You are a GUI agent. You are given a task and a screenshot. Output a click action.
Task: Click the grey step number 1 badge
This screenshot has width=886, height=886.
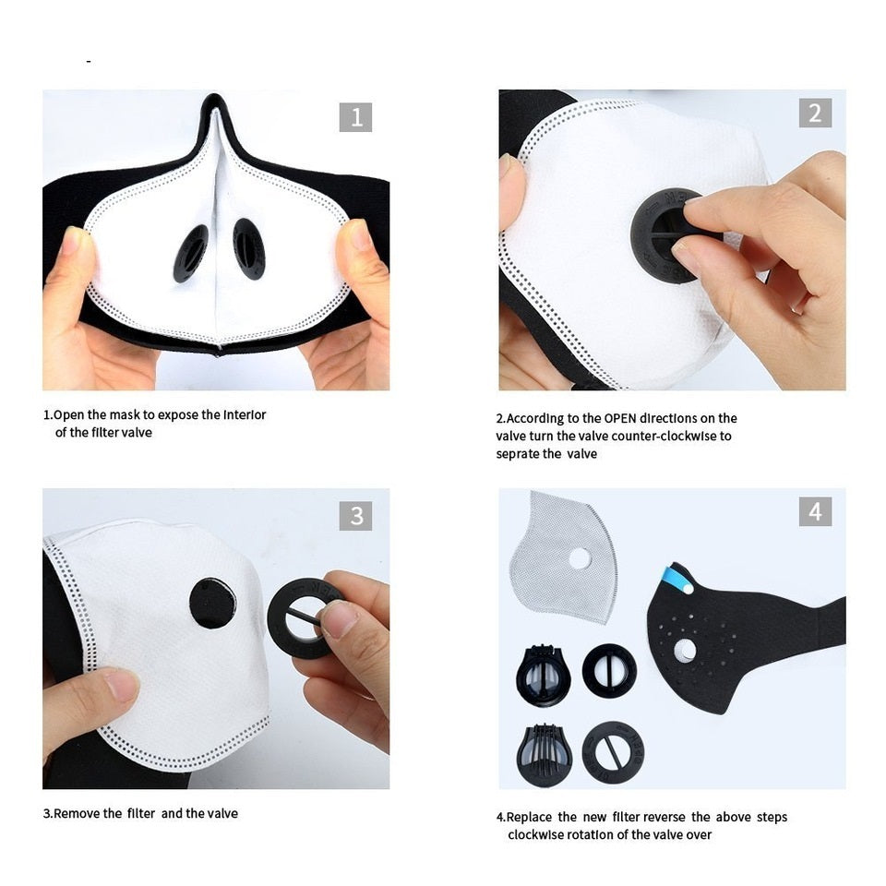coord(355,117)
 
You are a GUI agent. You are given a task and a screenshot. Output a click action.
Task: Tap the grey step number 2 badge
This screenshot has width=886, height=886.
coord(815,113)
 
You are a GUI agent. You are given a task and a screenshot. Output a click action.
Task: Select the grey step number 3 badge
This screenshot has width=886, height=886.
coord(355,515)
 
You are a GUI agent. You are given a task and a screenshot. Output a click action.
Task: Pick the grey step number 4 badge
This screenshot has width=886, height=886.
coord(815,511)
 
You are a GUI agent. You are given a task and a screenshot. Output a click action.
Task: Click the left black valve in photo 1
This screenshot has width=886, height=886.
coord(190,253)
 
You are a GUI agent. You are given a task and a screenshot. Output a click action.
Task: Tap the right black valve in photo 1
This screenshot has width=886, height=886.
coord(249,248)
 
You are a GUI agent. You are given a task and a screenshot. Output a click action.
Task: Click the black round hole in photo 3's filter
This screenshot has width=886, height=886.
coord(212,604)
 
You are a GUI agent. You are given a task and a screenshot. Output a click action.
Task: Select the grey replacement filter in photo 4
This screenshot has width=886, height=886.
coord(563,557)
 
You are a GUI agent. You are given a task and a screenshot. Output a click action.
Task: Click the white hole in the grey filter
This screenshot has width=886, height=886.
coord(580,559)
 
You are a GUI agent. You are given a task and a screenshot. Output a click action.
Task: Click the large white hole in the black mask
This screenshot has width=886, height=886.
coord(686,651)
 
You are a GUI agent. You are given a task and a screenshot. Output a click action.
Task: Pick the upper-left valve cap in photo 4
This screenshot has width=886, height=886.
coord(543,676)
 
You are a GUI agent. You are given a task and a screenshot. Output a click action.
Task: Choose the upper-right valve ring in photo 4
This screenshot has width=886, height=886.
coord(609,671)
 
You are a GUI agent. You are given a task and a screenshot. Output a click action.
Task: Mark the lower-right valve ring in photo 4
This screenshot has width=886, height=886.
coord(613,752)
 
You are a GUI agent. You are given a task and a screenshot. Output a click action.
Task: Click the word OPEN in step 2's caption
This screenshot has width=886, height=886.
coord(620,419)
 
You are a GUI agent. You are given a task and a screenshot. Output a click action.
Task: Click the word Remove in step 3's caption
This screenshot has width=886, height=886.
coord(88,814)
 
